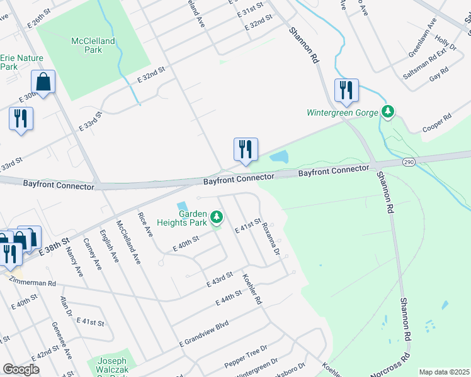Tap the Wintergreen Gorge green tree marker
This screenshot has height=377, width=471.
point(389,112)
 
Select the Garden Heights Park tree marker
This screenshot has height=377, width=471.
point(217,217)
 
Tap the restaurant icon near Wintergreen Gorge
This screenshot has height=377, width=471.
point(346,90)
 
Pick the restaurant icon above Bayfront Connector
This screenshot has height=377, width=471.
point(246,149)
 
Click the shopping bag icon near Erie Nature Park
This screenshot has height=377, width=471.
point(43,82)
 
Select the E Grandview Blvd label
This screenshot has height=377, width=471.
point(203,334)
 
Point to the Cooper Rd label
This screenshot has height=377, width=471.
point(438,122)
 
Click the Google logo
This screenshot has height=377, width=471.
point(21,369)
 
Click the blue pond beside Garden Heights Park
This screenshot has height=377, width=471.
point(183,206)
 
